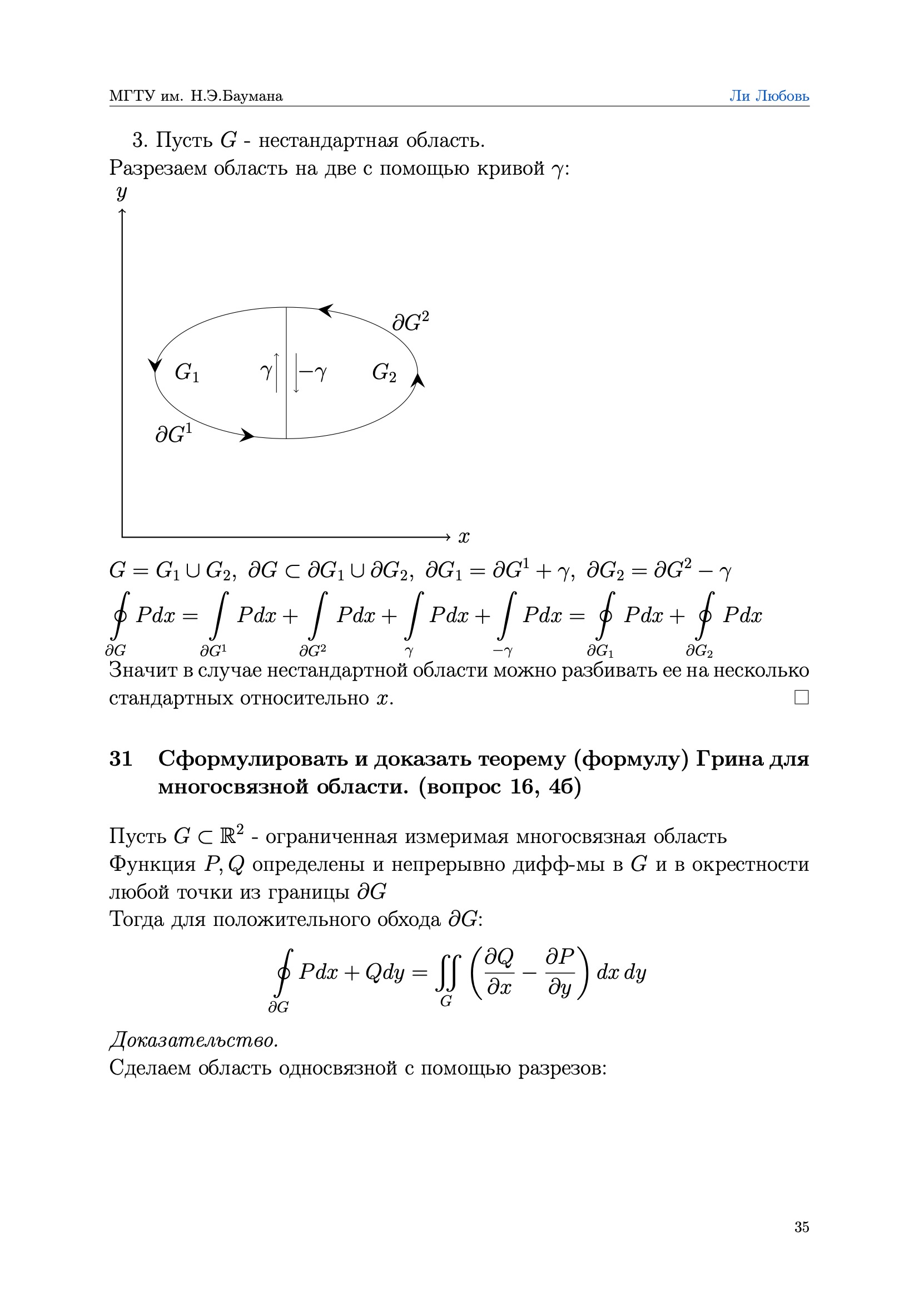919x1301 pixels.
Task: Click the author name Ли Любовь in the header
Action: click(768, 96)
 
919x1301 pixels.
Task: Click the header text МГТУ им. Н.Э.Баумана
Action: click(196, 96)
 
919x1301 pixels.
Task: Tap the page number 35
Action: click(801, 1227)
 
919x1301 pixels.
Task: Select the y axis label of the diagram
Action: click(122, 193)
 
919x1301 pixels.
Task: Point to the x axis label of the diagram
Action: click(464, 536)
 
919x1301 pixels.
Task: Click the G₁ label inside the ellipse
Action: click(187, 372)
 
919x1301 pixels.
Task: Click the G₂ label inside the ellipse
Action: click(384, 372)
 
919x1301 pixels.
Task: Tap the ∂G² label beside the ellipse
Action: click(410, 322)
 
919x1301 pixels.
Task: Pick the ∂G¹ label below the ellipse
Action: click(174, 434)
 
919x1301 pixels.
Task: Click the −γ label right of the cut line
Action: click(313, 372)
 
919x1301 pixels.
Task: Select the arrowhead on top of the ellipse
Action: click(325, 311)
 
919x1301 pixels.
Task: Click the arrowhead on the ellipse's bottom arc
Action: click(247, 435)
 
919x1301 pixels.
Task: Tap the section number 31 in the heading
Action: click(121, 758)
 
